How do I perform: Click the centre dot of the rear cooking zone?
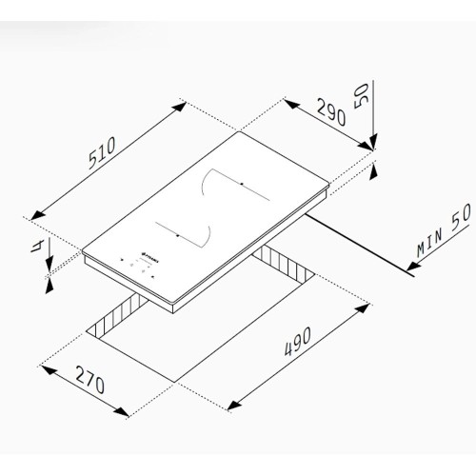click(242, 184)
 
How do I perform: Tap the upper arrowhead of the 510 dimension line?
click(182, 104)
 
